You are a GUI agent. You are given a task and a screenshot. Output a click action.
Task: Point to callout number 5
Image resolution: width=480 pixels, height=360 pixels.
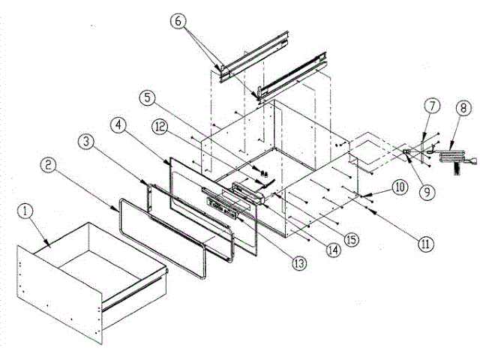[x=148, y=97]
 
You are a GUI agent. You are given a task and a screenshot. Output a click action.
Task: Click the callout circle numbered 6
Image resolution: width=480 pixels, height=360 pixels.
[x=177, y=22]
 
